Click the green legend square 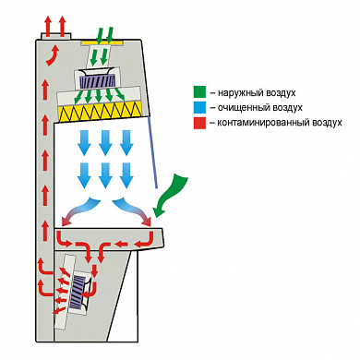[x=199, y=92]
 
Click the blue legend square [x=199, y=107]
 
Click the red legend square [x=199, y=123]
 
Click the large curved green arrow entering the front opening [x=170, y=195]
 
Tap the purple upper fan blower [x=97, y=81]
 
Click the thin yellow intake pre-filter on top [x=102, y=42]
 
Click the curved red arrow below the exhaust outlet [x=53, y=55]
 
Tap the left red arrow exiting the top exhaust [x=48, y=27]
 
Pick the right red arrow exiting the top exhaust [x=63, y=27]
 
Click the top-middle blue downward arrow [x=105, y=143]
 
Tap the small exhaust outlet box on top [x=56, y=36]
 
